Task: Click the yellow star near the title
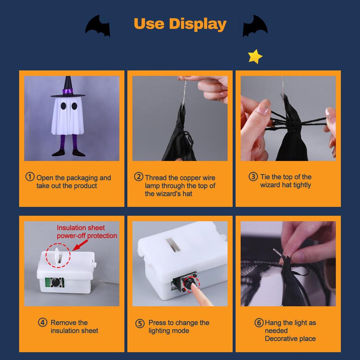click(x=255, y=57)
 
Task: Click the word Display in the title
click(x=198, y=24)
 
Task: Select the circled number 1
click(x=30, y=177)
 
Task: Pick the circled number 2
click(x=139, y=177)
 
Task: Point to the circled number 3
click(x=253, y=176)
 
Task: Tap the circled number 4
click(x=43, y=322)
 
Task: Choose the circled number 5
click(x=140, y=323)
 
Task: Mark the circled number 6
click(x=259, y=323)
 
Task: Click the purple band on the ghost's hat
click(x=68, y=92)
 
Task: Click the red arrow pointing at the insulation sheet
click(x=80, y=245)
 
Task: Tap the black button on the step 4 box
click(x=56, y=282)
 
